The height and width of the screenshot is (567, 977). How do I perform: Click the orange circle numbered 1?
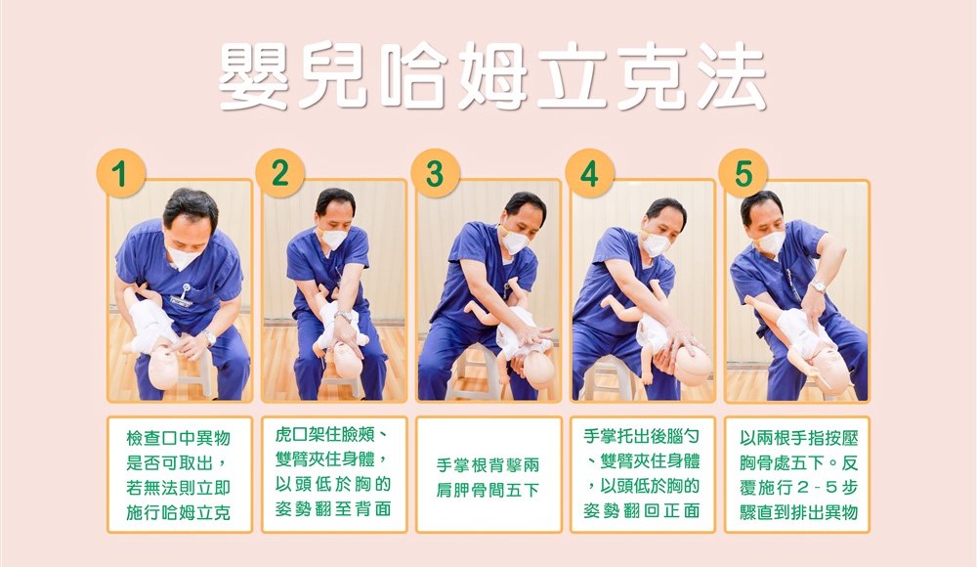(120, 173)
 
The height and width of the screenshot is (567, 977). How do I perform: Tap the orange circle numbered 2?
(279, 173)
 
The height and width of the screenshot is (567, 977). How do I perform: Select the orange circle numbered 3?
(435, 173)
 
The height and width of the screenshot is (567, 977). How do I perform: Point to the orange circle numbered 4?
(589, 173)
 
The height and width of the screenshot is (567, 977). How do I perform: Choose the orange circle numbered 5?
(743, 173)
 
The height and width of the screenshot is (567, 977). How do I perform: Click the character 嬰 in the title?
(254, 76)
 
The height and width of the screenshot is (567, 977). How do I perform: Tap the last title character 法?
(730, 76)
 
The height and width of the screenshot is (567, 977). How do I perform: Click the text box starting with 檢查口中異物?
(180, 475)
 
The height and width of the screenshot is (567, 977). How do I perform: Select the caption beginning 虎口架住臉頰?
(334, 475)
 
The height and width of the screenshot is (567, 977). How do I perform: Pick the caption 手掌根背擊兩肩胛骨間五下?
(488, 475)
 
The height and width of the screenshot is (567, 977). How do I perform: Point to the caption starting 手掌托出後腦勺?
(643, 475)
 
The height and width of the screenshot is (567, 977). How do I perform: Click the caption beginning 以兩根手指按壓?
(797, 475)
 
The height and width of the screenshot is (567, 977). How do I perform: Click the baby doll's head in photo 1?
(164, 367)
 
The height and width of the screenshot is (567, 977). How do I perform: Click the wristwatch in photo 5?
(818, 286)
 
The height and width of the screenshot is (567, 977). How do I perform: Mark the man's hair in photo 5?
(760, 204)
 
